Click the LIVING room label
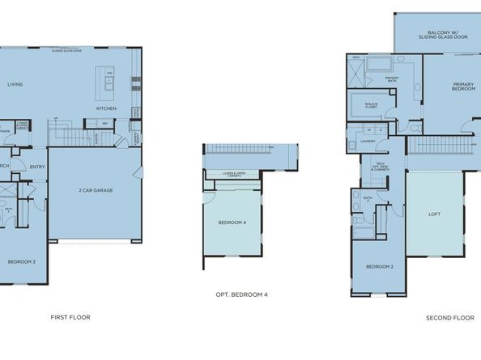coord(15,84)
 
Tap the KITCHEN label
coord(107,108)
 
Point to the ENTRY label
coord(37,167)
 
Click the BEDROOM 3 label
coord(22,261)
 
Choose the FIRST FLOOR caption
coord(70,317)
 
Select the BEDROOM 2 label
coord(379,266)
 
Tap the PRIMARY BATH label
coord(392,78)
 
